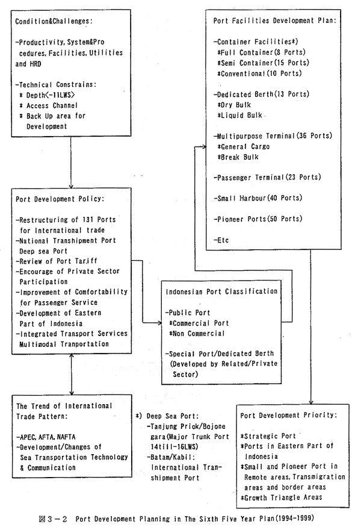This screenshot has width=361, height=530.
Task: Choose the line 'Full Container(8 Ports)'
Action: coord(262,53)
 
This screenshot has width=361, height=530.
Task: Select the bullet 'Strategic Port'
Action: coord(270,435)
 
